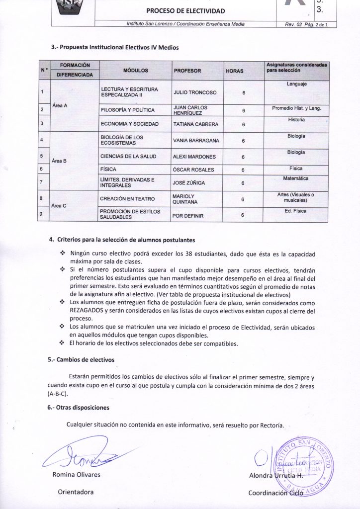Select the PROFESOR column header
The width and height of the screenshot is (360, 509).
[x=187, y=71]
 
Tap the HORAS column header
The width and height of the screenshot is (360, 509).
[x=235, y=71]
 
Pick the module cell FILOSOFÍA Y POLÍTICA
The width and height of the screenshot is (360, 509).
[x=127, y=110]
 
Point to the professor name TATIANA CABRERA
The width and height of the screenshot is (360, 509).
[x=195, y=124]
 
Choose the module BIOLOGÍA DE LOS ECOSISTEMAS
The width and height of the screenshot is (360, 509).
[x=122, y=140]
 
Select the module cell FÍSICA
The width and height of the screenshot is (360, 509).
[x=108, y=170]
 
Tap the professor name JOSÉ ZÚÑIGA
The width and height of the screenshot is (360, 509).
[x=189, y=183]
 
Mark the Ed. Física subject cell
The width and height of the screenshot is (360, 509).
[x=296, y=211]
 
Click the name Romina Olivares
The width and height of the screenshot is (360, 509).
[x=76, y=474]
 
